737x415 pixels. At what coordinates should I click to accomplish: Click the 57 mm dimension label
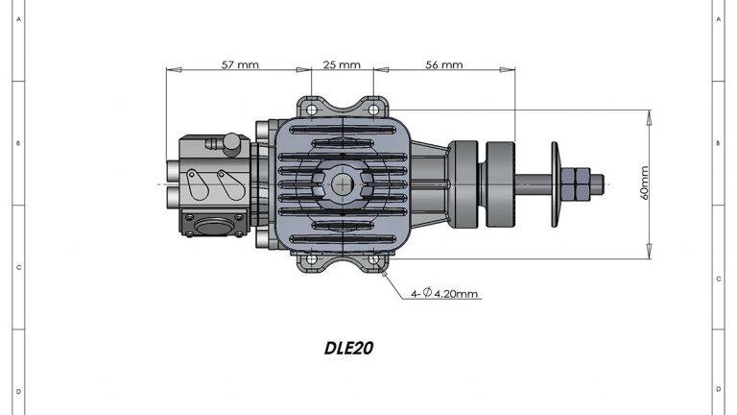coord(241,65)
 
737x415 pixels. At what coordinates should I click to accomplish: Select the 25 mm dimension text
coord(342,65)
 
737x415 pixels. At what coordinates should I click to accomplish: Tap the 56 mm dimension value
coord(442,65)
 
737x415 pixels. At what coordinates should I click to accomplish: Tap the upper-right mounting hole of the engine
coord(373,109)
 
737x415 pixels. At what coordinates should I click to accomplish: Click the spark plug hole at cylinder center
coord(343,183)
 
